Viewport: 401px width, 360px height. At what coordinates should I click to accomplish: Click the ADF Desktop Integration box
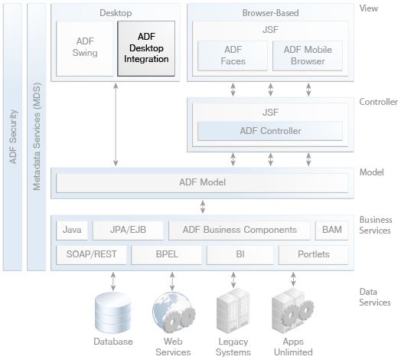[146, 48]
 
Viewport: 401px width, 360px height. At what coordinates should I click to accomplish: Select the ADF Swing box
[85, 48]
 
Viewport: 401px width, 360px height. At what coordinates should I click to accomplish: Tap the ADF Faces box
[233, 56]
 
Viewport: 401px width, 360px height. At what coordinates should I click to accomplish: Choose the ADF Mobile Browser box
[308, 56]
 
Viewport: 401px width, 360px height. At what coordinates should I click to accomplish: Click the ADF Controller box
[270, 131]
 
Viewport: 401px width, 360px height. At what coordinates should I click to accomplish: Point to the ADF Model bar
[202, 183]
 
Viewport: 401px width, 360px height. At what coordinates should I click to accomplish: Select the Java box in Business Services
[72, 231]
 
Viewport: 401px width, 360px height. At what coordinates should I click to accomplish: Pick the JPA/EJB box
[128, 231]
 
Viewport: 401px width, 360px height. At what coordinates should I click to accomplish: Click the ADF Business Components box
[240, 231]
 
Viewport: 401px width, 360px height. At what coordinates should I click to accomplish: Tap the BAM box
[332, 231]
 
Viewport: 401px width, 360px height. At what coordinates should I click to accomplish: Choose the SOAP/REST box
[91, 255]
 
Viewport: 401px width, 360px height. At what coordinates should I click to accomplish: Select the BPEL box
[167, 255]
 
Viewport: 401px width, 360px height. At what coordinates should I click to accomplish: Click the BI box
[240, 255]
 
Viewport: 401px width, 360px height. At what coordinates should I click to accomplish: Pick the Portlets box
[314, 255]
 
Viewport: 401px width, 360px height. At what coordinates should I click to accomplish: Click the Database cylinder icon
[113, 313]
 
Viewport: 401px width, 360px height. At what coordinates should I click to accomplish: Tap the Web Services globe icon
[174, 313]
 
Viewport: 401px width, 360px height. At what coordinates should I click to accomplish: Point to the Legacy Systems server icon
[233, 310]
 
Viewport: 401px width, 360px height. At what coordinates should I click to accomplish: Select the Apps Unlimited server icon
[293, 310]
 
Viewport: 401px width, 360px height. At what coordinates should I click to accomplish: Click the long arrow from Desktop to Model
[116, 124]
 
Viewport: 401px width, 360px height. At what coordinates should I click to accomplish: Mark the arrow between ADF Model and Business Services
[203, 207]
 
